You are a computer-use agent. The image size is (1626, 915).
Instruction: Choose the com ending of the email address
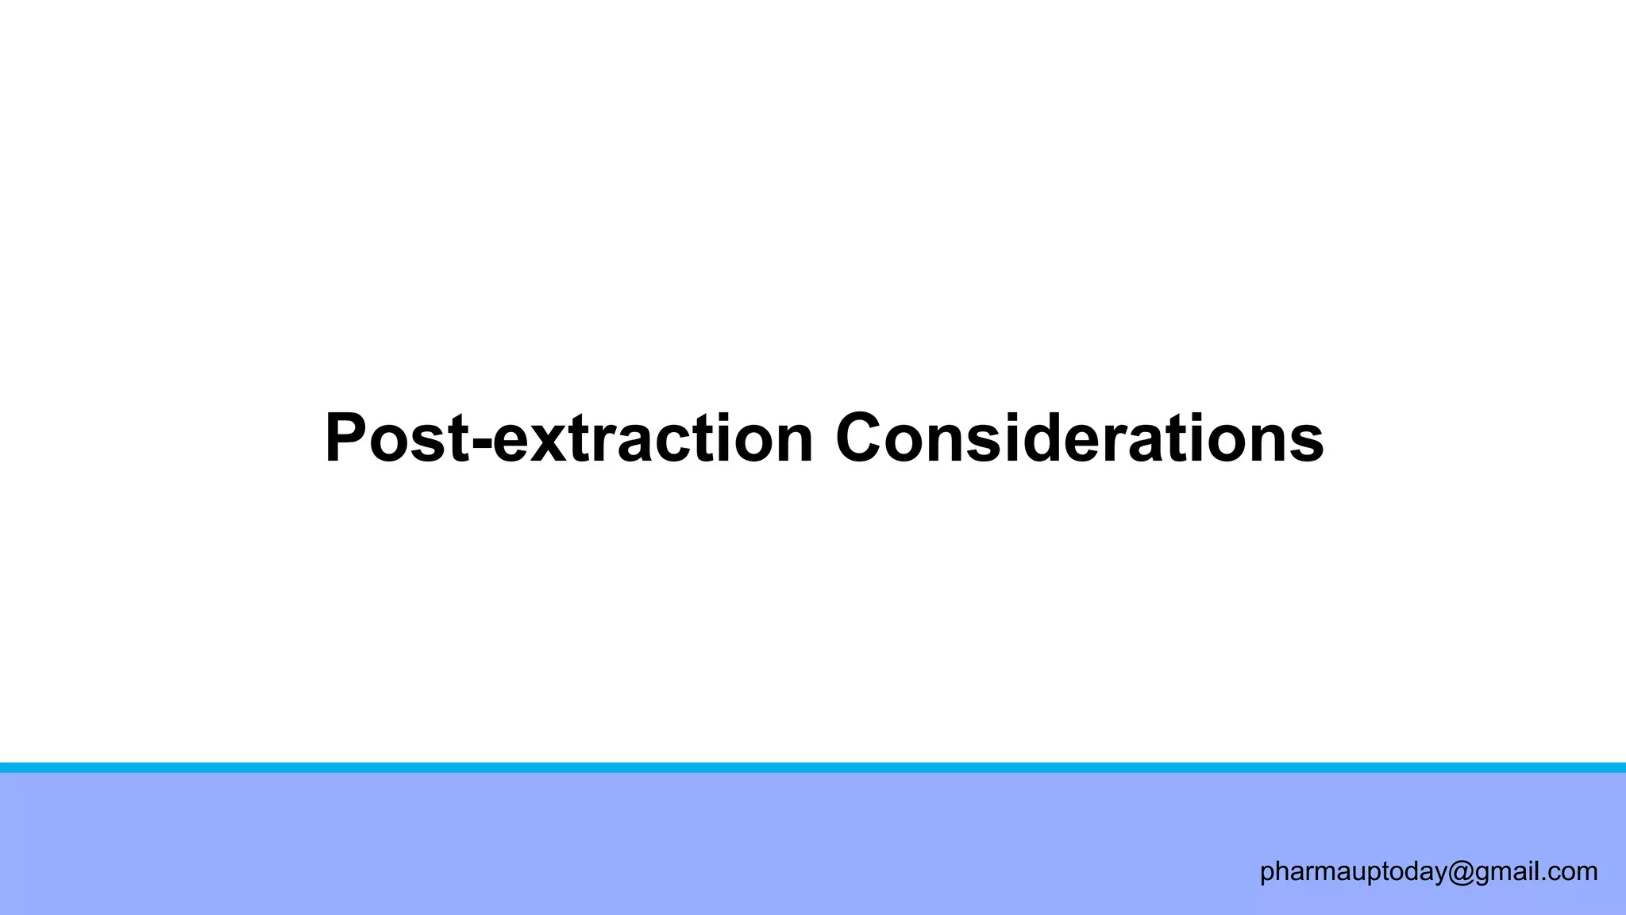coord(1574,872)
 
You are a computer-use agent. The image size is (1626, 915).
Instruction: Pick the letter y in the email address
coord(1439,875)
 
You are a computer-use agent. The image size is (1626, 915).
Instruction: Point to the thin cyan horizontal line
coord(813,767)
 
